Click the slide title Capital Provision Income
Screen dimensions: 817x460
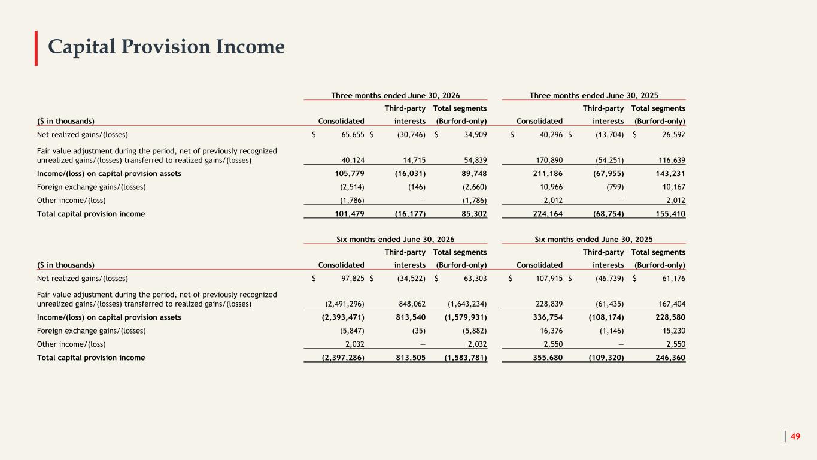tap(166, 47)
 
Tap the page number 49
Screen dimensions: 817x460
tap(795, 436)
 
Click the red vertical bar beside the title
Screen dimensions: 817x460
tap(36, 48)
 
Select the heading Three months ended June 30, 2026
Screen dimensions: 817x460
tap(396, 96)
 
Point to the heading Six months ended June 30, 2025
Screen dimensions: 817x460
tap(593, 240)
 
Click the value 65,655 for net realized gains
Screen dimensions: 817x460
tap(353, 135)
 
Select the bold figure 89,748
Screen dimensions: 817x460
tap(474, 174)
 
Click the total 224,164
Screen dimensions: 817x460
tap(548, 214)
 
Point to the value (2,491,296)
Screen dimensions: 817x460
tap(345, 304)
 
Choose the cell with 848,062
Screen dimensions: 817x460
tap(412, 304)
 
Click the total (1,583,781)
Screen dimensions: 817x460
tap(466, 358)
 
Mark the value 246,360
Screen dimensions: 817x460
tap(670, 358)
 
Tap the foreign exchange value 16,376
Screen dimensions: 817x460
tap(551, 331)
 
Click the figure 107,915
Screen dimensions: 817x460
tap(549, 279)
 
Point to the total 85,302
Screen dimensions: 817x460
tap(474, 214)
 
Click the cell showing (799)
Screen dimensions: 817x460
tap(615, 187)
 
